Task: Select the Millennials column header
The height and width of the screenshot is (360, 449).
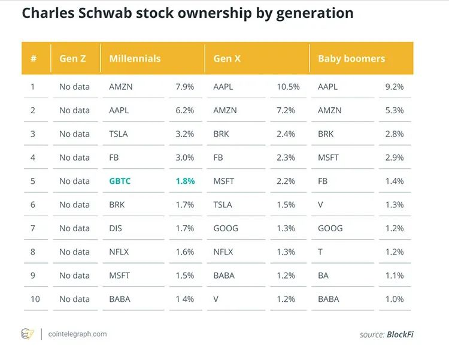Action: point(135,59)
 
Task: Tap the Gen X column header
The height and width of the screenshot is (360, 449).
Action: point(228,59)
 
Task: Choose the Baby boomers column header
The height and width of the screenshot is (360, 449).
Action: point(351,59)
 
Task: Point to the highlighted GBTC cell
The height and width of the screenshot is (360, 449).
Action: point(121,181)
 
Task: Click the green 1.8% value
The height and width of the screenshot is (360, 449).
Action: point(185,181)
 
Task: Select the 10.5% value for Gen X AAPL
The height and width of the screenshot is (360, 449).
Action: point(288,87)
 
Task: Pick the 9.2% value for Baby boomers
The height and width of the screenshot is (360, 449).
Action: point(394,87)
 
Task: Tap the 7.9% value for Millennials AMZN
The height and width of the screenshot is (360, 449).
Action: point(185,87)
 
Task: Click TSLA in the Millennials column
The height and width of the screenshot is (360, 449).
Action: point(119,134)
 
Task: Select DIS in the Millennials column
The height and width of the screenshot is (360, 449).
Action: point(116,228)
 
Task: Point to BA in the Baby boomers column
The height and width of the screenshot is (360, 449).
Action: point(324,276)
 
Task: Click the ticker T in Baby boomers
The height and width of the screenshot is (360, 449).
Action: point(320,252)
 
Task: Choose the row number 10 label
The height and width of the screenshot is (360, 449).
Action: point(35,299)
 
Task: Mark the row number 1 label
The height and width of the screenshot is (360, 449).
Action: point(33,87)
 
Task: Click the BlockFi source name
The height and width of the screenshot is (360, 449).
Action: point(400,334)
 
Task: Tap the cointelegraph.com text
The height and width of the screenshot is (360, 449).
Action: point(78,334)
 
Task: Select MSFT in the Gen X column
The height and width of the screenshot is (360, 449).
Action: point(224,181)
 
